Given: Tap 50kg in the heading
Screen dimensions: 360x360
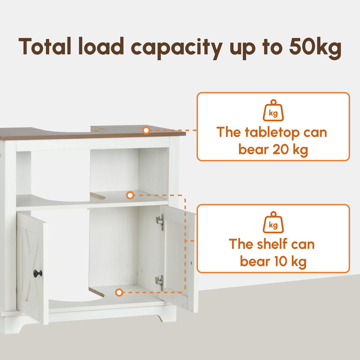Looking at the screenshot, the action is coord(315,47).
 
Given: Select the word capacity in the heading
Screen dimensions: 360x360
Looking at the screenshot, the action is coord(176,48).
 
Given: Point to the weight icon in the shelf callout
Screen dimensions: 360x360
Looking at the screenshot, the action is coord(273,222).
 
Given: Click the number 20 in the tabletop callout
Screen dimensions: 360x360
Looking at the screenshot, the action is coord(281,149).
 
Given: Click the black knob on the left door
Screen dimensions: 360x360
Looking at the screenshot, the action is coord(37,273).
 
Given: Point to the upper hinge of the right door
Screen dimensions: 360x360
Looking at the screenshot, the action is coord(160,222).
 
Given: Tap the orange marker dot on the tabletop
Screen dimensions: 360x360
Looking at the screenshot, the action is coord(146,130).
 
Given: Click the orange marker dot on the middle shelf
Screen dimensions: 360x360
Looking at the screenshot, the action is coord(130,195).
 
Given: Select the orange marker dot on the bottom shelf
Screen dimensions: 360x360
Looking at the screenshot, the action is coord(119,292).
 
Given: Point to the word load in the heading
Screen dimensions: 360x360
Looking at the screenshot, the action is coord(101,46).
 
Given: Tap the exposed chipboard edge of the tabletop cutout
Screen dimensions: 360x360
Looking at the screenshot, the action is coord(98,129).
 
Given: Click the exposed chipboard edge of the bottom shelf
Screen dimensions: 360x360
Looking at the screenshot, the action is coord(96,292).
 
